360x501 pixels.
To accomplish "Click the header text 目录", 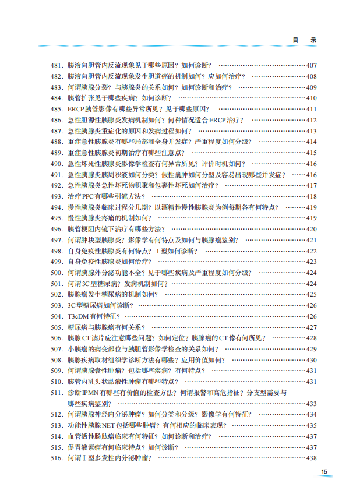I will coord(304,40).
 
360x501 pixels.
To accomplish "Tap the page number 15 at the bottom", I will coord(324,472).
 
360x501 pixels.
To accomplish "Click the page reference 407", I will coord(311,65).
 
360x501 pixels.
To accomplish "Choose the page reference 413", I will coord(311,131).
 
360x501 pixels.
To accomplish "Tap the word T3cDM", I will coord(78,316).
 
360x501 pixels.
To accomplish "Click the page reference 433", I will coord(311,404).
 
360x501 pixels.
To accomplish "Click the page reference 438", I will coord(311,458).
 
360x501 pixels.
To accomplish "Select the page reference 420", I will coord(311,229).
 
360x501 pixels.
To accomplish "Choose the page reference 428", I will coord(311,338).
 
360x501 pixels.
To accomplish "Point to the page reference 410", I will coord(311,98).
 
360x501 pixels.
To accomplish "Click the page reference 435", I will coord(311,425).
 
